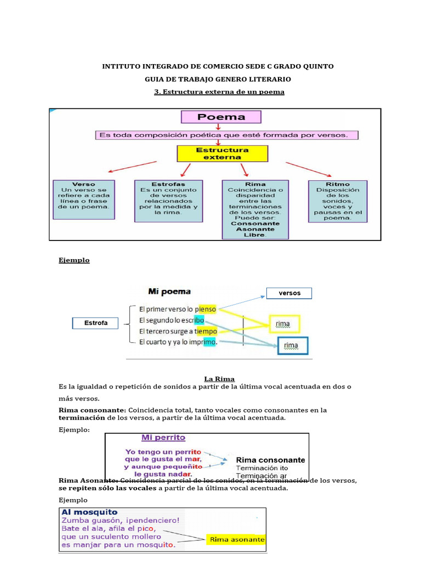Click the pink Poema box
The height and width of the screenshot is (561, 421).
tap(221, 117)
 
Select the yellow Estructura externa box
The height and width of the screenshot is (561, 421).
tap(222, 153)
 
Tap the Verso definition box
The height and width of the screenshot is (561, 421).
tap(84, 199)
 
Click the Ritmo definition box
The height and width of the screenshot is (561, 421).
tap(338, 201)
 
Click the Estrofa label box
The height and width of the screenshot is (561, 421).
tap(96, 323)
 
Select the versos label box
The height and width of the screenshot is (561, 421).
tap(289, 293)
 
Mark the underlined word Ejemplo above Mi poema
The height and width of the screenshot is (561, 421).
tap(74, 260)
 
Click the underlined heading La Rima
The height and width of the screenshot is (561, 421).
tap(219, 379)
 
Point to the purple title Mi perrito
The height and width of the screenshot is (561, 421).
tap(163, 438)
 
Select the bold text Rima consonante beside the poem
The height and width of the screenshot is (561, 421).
tap(270, 460)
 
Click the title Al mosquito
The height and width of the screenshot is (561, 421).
tap(89, 512)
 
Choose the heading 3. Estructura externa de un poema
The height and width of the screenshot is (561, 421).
tap(219, 91)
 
